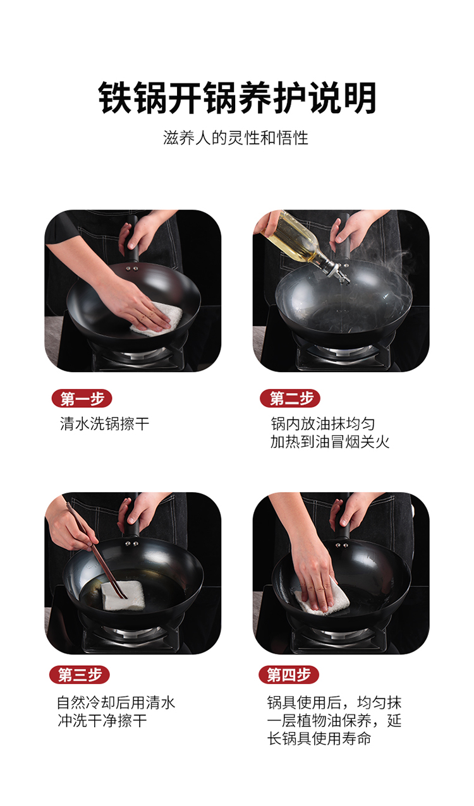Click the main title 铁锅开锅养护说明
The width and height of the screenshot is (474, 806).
237,99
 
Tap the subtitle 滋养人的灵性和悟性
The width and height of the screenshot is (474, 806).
236,138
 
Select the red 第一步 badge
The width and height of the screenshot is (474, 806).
82,399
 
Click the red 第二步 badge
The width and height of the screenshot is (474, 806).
290,399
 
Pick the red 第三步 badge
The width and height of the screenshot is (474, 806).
80,675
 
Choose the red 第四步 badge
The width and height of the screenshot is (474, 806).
289,675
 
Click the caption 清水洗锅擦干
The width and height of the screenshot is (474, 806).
104,424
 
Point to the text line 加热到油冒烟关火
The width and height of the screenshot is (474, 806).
330,442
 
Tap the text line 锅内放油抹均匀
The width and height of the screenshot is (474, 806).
323,424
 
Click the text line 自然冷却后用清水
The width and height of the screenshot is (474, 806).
116,703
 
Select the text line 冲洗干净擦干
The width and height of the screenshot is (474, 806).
102,721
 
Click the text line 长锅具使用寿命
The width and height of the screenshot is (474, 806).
319,738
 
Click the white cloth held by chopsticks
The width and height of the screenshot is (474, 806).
123,595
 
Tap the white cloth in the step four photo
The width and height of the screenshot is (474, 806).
322,598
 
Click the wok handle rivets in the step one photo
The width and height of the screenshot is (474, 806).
131,268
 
